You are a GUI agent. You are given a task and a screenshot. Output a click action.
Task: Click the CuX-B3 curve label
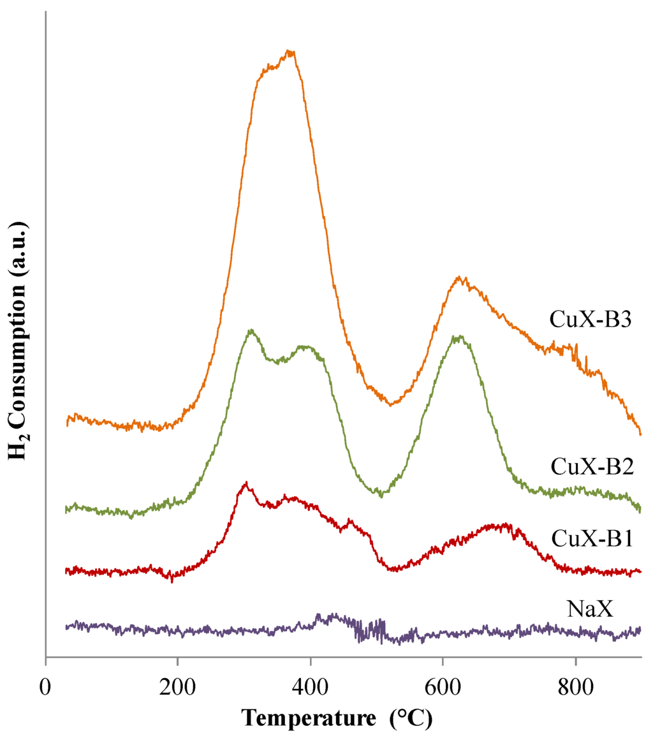590,318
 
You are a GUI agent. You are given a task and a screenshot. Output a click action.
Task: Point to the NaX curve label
590,609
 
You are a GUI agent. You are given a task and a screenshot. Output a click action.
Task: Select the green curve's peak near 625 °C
457,336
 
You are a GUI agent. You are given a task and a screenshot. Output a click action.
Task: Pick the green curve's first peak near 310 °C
252,330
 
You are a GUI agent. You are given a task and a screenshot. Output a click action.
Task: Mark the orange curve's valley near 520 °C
390,404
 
